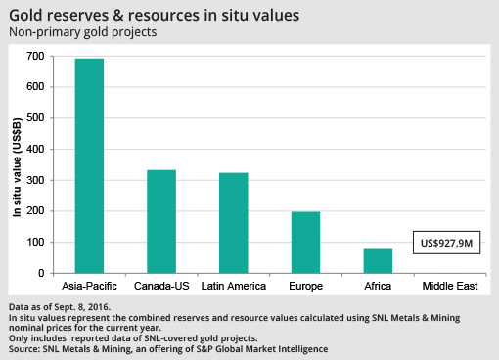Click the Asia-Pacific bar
(x=89, y=165)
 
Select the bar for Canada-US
(x=161, y=221)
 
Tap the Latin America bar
(x=234, y=223)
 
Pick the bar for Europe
(x=306, y=242)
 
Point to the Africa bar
(x=378, y=260)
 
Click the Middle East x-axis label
(x=449, y=287)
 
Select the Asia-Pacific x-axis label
(x=89, y=287)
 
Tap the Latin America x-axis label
(x=234, y=287)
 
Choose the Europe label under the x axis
(x=306, y=287)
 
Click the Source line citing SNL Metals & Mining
(x=167, y=348)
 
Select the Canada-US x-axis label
(x=161, y=287)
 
